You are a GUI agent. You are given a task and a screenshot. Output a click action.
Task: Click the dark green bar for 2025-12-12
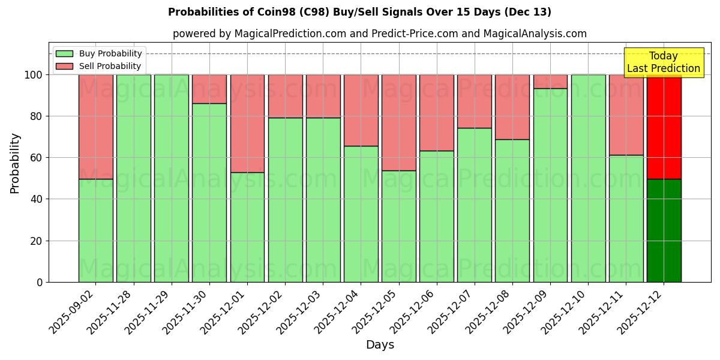click(664, 230)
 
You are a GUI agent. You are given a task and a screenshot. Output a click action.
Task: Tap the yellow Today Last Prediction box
click(663, 62)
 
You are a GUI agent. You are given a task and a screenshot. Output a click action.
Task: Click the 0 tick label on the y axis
click(40, 282)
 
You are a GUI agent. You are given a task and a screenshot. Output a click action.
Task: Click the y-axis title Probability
click(15, 163)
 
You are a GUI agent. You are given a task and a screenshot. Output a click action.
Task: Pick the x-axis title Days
click(380, 345)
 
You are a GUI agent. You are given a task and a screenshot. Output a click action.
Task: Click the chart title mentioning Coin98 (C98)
click(359, 12)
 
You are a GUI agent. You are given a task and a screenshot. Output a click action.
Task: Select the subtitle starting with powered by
click(379, 34)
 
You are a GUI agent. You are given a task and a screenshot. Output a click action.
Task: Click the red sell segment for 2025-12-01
click(247, 124)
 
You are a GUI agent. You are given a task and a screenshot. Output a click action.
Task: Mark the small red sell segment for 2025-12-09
click(550, 82)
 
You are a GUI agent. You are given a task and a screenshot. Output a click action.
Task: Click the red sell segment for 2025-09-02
click(95, 127)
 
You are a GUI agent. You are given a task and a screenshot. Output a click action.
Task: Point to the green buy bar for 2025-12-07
click(475, 205)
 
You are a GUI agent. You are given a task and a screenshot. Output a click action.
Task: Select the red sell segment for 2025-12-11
click(626, 115)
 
